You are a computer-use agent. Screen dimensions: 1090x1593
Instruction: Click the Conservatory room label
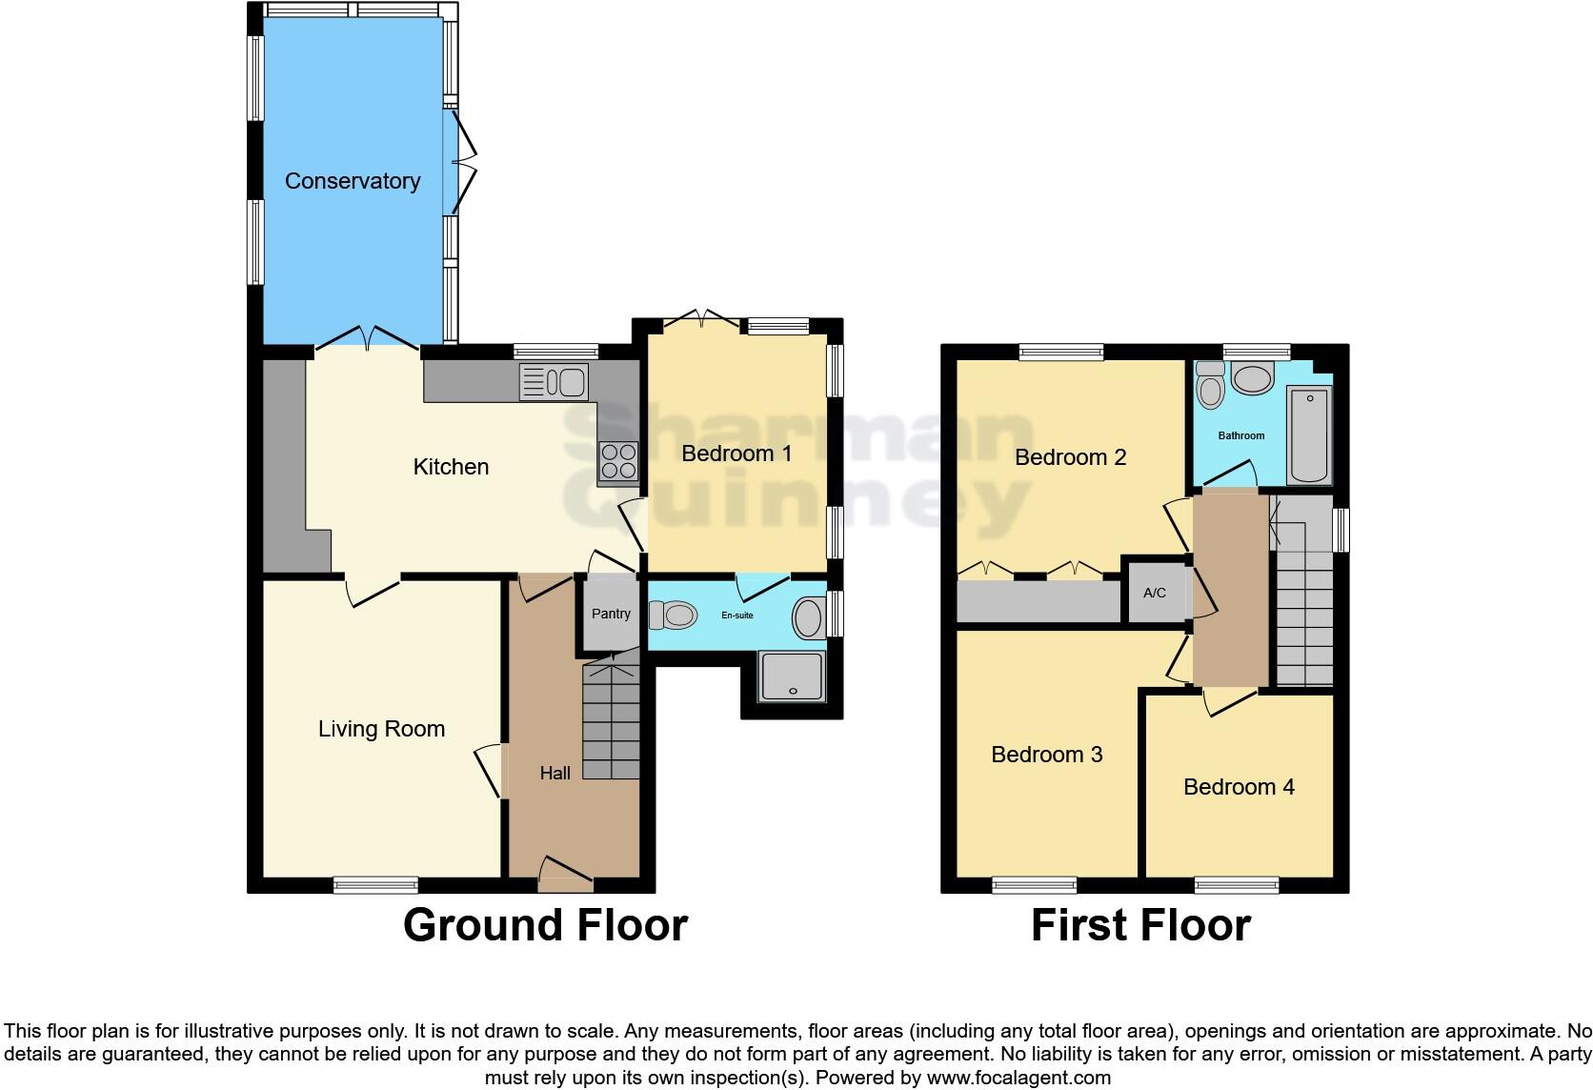[353, 181]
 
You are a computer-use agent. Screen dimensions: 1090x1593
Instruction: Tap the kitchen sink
[554, 383]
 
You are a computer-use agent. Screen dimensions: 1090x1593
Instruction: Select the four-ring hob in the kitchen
[617, 461]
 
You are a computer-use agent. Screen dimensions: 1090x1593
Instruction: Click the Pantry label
[611, 614]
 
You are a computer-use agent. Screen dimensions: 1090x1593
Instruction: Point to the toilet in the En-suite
[674, 615]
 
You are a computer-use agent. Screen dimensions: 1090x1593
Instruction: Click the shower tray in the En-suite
[792, 676]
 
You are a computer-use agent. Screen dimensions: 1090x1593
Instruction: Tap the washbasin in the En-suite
[808, 617]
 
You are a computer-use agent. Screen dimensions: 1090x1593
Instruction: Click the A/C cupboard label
[1154, 593]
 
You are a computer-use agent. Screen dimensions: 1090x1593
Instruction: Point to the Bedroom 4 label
[1239, 787]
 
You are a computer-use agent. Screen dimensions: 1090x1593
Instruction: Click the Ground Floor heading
[545, 925]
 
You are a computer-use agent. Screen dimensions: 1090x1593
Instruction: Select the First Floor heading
[1140, 925]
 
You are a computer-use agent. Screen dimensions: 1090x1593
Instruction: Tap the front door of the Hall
[566, 874]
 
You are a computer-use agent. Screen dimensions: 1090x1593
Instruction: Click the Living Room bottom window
[375, 885]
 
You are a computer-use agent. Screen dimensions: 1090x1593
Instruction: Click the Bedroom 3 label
[1046, 755]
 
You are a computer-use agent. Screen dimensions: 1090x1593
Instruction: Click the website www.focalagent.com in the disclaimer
[1018, 1079]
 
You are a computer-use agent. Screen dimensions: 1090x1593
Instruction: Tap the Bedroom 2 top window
[1060, 353]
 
